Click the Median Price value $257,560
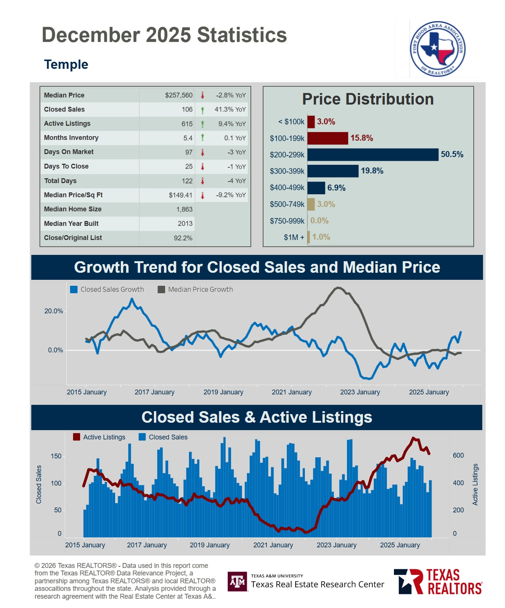(179, 95)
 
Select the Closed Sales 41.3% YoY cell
(230, 109)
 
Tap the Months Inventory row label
(71, 138)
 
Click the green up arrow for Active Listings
(202, 124)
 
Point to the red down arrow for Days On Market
(202, 152)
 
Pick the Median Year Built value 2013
(185, 224)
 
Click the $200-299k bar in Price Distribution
(373, 155)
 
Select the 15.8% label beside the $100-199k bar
(362, 138)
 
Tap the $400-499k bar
(316, 188)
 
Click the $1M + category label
(294, 237)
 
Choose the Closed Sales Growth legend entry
(107, 289)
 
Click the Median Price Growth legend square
(161, 289)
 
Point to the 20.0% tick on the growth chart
(54, 311)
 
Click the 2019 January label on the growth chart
(223, 392)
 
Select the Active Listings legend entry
(99, 437)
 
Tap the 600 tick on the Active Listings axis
(458, 455)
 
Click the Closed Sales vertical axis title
(39, 484)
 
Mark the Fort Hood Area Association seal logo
(438, 49)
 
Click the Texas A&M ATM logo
(237, 581)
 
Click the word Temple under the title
(66, 64)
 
